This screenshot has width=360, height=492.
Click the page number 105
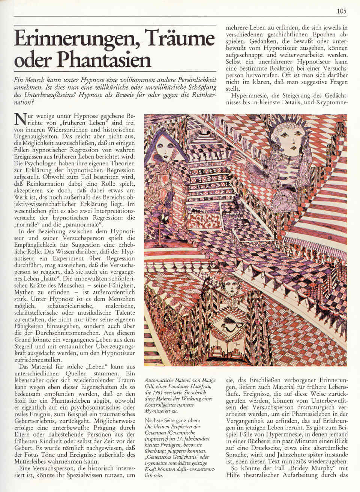341,11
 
